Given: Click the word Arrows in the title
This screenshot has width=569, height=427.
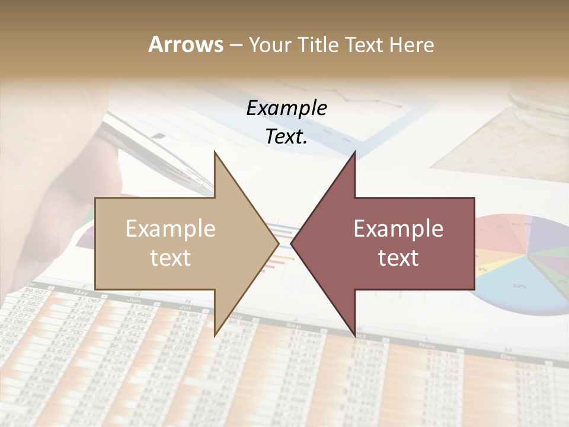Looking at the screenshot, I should (x=186, y=44).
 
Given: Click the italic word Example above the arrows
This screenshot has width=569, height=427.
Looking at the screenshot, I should (x=286, y=108).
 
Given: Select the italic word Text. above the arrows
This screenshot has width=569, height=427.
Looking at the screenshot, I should (x=286, y=136).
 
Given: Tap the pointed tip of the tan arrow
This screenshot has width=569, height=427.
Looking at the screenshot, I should (x=277, y=243).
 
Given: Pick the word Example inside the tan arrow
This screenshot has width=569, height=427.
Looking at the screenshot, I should (x=170, y=228).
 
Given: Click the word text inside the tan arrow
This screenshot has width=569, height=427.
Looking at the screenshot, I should (x=170, y=257).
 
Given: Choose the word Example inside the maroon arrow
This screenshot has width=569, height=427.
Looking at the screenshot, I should (x=398, y=228).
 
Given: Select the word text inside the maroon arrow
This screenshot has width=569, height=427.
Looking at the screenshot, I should (x=398, y=257).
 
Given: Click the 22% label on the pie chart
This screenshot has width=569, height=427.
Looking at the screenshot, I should (x=520, y=286).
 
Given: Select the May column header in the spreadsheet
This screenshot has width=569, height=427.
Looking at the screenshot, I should (x=82, y=292).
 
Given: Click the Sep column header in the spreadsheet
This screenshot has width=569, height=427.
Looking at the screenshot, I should (x=293, y=326).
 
